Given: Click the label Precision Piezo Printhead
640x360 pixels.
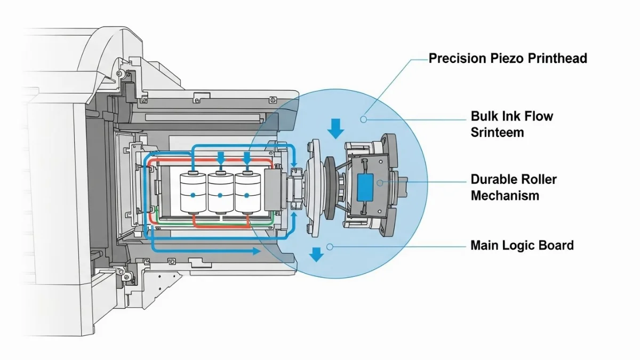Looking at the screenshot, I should pyautogui.click(x=508, y=59).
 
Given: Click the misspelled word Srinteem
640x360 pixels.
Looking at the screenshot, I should pyautogui.click(x=497, y=132).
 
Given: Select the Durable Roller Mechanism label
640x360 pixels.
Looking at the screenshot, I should pyautogui.click(x=513, y=187).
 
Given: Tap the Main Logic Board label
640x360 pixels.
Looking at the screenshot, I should pyautogui.click(x=522, y=245).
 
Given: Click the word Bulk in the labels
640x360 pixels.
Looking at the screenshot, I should pyautogui.click(x=484, y=116).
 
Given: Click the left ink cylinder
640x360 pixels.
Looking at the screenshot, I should pyautogui.click(x=193, y=193).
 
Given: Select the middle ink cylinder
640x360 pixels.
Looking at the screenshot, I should pyautogui.click(x=220, y=193).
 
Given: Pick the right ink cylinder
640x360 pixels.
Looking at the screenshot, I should pyautogui.click(x=247, y=193).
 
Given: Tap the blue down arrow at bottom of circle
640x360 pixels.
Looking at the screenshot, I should pyautogui.click(x=317, y=254).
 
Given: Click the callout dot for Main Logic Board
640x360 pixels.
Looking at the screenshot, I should pyautogui.click(x=330, y=246).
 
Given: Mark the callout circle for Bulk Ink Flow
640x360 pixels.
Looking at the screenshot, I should pyautogui.click(x=363, y=119).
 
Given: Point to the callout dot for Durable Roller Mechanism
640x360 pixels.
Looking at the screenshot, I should pyautogui.click(x=379, y=182).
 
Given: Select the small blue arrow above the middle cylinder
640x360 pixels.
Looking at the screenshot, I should pyautogui.click(x=220, y=158).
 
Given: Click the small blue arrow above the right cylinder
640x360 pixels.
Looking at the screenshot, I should pyautogui.click(x=247, y=158).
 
